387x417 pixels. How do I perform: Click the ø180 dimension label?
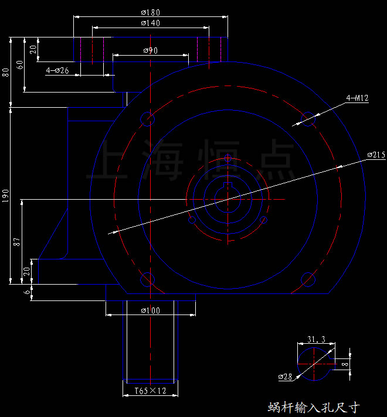pos(151,12)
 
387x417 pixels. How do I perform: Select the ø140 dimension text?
pos(151,23)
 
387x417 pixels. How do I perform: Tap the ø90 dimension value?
pos(151,51)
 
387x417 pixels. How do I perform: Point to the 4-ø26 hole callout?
pos(57,71)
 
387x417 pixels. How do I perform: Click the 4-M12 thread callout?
pos(357,98)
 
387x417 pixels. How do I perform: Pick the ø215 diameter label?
pos(376,155)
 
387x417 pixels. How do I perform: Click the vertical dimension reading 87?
pos(18,241)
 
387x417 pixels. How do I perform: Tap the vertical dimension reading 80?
pos(6,73)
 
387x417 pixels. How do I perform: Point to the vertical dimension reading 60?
pos(20,65)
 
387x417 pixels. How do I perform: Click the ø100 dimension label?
pos(151,310)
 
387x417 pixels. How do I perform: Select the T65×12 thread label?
pos(151,391)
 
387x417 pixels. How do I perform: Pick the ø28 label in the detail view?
pos(285,377)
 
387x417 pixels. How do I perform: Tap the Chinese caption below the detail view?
pos(313,407)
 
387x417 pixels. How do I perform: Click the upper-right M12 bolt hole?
pos(308,119)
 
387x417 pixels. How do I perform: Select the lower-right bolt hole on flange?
pos(308,278)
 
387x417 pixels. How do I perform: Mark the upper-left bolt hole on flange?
pos(147,119)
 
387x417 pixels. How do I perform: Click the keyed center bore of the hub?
pos(228,197)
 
